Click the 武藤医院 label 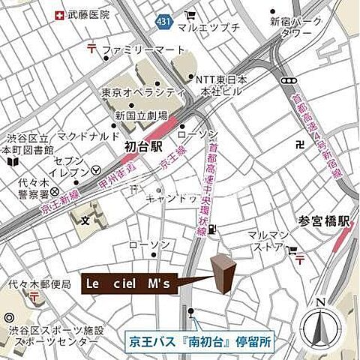point(88,14)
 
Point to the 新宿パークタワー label point(295,27)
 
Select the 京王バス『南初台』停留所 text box point(199,340)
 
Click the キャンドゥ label point(172,198)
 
